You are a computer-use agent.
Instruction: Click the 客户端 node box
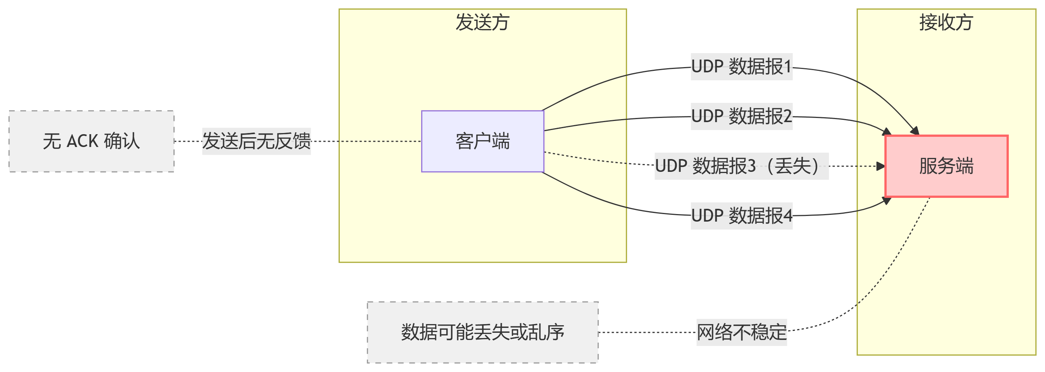482,141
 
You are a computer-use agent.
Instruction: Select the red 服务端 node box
946,166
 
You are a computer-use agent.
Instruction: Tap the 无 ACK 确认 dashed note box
91,141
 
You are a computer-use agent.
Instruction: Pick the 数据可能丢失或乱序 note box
482,332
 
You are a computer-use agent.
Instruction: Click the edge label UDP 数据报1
741,66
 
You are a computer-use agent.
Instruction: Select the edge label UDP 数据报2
741,116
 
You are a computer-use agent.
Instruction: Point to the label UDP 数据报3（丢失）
741,166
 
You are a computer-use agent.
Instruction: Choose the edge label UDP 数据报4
741,216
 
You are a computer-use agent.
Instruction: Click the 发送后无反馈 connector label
256,141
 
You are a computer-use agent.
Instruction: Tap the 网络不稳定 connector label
741,332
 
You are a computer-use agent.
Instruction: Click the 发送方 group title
482,22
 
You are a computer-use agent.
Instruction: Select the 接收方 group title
946,22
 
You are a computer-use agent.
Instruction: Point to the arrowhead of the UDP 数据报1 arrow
915,131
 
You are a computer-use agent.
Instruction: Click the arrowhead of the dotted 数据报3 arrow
881,166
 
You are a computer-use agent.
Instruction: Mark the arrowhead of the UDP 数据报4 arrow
887,200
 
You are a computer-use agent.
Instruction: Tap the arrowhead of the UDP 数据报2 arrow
887,132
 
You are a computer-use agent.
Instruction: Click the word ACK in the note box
82,141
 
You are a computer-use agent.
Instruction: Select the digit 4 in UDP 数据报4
787,216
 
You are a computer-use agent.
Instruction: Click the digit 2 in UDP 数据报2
787,116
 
